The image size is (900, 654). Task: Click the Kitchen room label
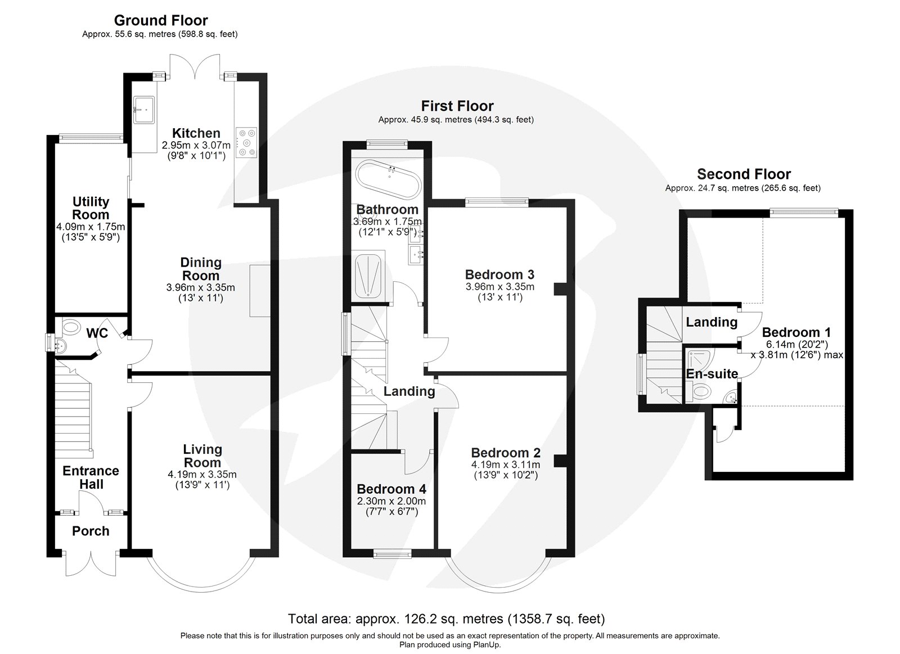tap(196, 133)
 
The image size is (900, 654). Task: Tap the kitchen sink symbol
tap(145, 109)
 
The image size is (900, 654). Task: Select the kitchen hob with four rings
tap(246, 142)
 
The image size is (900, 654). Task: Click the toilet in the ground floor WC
tap(71, 326)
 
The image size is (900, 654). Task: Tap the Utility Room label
tap(91, 208)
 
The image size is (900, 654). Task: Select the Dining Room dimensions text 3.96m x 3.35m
tap(201, 287)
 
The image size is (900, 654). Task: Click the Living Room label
tap(202, 455)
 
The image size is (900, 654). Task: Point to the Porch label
tap(91, 531)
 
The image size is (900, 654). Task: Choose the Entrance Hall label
tap(91, 477)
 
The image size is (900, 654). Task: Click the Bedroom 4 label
tap(391, 489)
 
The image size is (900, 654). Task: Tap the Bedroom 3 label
tap(499, 274)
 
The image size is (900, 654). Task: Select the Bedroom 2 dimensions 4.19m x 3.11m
tap(506, 464)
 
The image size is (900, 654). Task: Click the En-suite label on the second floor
tap(712, 373)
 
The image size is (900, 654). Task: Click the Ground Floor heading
tap(161, 20)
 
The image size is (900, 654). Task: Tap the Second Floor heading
tap(744, 174)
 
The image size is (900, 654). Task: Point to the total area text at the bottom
tap(446, 619)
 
